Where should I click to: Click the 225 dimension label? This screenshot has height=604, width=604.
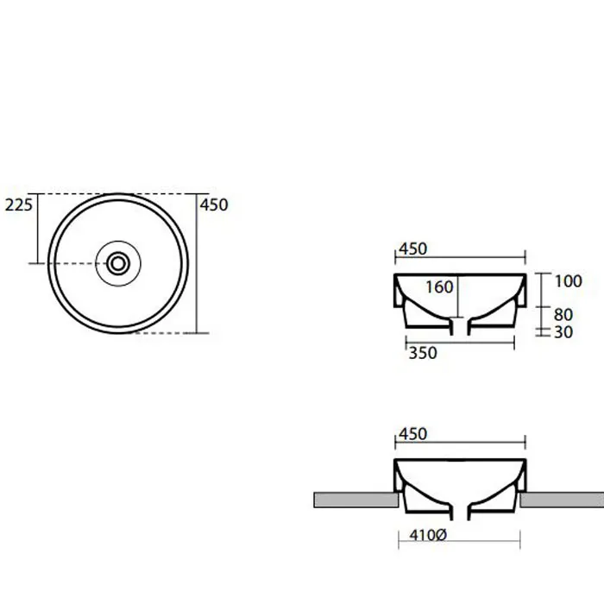[x=18, y=204]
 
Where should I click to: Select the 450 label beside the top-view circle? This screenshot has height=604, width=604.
[x=214, y=204]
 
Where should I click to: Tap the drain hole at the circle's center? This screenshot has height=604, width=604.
[x=118, y=264]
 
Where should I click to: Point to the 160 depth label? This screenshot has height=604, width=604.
[x=439, y=287]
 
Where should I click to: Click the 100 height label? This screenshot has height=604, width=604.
[x=568, y=281]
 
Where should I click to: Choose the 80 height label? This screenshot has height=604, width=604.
[x=563, y=315]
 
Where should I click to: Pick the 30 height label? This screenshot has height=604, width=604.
[x=563, y=332]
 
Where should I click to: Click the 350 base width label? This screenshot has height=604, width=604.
[x=423, y=353]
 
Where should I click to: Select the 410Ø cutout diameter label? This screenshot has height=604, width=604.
[x=428, y=535]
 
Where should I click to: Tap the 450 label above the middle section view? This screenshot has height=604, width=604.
[x=413, y=249]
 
